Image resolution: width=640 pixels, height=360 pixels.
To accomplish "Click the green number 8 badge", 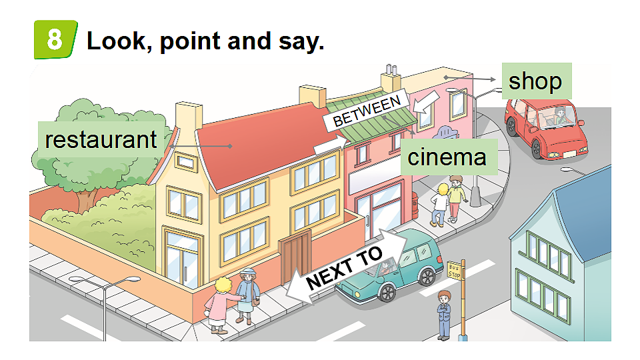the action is click(x=55, y=39).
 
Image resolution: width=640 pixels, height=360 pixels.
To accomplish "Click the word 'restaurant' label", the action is click(x=101, y=139).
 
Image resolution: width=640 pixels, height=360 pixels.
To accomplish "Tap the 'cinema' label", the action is click(x=447, y=157).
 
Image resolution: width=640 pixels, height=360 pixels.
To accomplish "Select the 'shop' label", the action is click(x=536, y=81).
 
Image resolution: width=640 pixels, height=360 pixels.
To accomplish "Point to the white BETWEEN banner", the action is click(x=367, y=110).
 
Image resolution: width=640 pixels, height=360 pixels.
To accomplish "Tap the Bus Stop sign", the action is click(x=454, y=271).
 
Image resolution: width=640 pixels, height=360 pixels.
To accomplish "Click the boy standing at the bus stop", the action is click(x=444, y=315).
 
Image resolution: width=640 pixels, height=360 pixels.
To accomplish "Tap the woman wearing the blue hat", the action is click(x=247, y=295).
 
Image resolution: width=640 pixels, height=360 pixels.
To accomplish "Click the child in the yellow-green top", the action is click(x=456, y=199).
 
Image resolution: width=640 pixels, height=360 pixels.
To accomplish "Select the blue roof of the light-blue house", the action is click(x=585, y=212).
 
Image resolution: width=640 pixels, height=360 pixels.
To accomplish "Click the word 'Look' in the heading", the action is click(x=116, y=41).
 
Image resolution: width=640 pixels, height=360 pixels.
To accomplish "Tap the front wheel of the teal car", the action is click(x=387, y=293).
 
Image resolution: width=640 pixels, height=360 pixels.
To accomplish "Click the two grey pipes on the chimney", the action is click(x=391, y=69).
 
